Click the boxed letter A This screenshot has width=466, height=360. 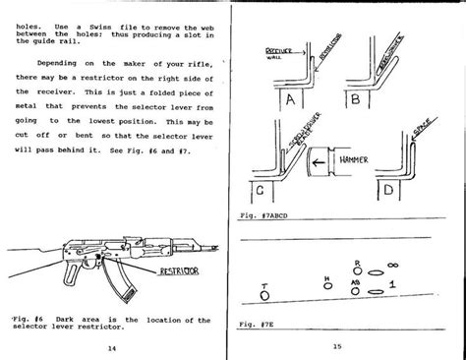(288, 99)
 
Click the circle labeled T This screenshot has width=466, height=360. (264, 292)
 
